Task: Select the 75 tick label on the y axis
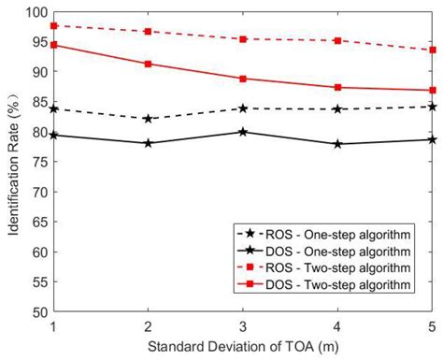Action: [x=37, y=162]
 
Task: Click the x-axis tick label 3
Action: [x=243, y=326]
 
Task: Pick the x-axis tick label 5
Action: [x=432, y=326]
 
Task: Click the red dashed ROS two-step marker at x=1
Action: [x=54, y=26]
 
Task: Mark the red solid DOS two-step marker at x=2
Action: [x=149, y=64]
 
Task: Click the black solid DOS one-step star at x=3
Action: [x=243, y=132]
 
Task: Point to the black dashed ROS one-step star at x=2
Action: [x=149, y=119]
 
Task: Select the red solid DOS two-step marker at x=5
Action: [x=432, y=91]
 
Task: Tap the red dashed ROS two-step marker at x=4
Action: [x=337, y=41]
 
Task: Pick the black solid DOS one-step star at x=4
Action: [x=337, y=144]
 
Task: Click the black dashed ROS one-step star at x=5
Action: [x=432, y=107]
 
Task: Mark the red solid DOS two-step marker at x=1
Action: [x=54, y=45]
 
